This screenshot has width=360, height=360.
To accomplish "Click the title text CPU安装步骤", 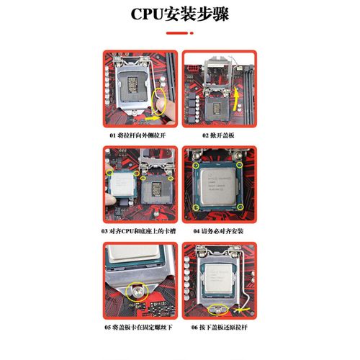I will tap(180, 14).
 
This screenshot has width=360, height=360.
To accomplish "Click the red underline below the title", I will tap(180, 33).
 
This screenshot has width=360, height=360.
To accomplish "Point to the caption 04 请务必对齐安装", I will tap(219, 231).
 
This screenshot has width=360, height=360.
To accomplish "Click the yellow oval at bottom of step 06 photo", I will tap(217, 309).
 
